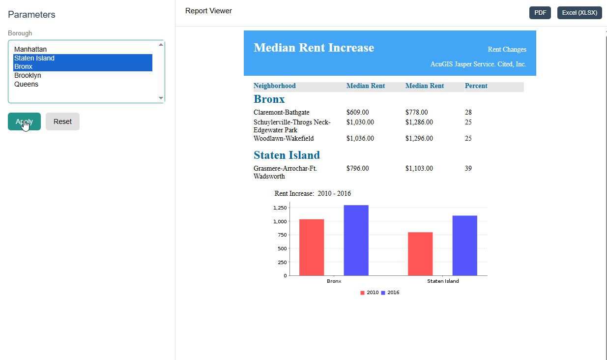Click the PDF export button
(x=540, y=13)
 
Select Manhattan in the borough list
(x=30, y=49)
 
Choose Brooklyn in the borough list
(x=28, y=75)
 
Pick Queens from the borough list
(x=26, y=84)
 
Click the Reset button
(x=62, y=121)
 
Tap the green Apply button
(x=25, y=121)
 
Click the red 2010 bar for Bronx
(x=312, y=247)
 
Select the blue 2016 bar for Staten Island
(x=465, y=245)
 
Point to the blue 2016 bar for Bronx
(x=356, y=240)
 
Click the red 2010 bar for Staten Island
(x=420, y=254)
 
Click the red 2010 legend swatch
(x=362, y=293)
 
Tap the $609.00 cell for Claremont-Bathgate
(x=357, y=112)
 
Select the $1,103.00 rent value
(x=419, y=168)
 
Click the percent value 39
(x=468, y=168)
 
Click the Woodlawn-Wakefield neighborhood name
(x=284, y=139)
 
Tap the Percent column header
(x=476, y=86)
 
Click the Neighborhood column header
(x=275, y=86)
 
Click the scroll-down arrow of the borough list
(x=161, y=98)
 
